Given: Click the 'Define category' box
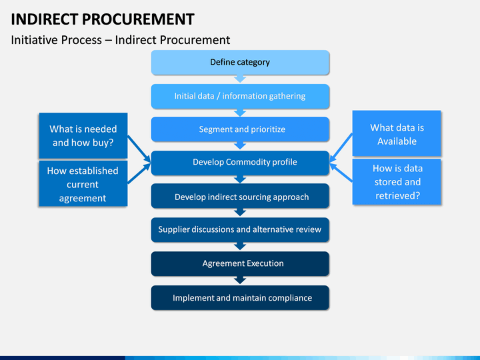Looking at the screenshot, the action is (240, 63).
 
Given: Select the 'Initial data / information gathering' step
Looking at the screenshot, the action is (240, 97).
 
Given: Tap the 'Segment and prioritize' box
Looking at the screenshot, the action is (240, 129).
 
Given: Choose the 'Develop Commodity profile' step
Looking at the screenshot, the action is (240, 163).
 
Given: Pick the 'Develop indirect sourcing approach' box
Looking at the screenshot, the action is (240, 196).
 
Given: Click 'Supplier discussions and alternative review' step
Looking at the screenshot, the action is (240, 230).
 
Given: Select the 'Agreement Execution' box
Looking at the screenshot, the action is (240, 264).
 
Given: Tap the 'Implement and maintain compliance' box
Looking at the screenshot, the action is (240, 298).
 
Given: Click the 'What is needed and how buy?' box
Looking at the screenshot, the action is (83, 135).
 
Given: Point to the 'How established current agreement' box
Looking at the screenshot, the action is (83, 184).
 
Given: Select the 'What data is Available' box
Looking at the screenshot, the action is (397, 133).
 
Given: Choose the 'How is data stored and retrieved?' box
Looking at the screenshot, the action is (397, 182).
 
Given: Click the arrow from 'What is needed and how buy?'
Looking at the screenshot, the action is (139, 149).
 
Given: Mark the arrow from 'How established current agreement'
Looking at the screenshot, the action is (139, 173).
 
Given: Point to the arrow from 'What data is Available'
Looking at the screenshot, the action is (341, 148).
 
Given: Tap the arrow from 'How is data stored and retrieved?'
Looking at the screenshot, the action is (341, 173).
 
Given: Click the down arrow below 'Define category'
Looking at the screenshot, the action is (240, 79).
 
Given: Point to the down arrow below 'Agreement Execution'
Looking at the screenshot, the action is (240, 280).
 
